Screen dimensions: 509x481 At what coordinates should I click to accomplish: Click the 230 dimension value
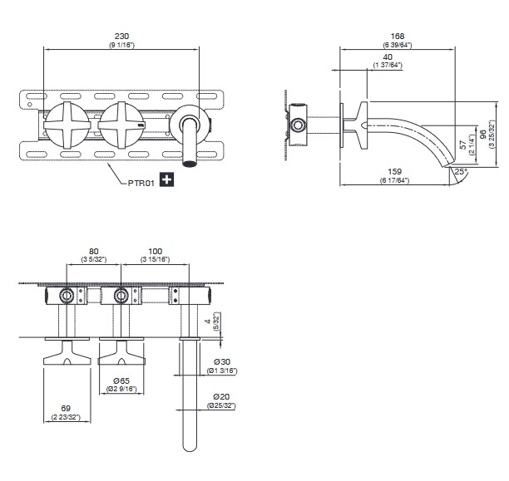click(121, 36)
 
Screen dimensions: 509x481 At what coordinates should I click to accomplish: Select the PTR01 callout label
click(141, 183)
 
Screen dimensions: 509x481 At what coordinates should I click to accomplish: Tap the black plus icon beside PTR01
click(166, 179)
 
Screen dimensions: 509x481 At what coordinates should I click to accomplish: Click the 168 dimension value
click(398, 36)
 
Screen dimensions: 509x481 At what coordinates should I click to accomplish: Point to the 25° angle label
click(461, 171)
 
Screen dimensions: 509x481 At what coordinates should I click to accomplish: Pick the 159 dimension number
click(395, 172)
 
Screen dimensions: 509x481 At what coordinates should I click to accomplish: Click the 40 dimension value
click(388, 56)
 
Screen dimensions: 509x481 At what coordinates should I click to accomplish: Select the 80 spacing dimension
click(93, 251)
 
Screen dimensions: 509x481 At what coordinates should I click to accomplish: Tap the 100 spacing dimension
click(155, 251)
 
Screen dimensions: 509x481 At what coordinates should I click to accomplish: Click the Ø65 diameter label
click(121, 380)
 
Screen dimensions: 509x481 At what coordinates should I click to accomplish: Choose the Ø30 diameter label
click(222, 361)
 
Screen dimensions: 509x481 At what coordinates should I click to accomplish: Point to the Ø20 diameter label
click(221, 396)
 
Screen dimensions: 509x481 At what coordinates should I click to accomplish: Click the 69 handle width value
click(66, 409)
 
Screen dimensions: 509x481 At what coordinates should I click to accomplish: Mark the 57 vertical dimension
click(463, 145)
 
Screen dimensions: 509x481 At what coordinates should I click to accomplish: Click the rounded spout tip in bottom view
click(190, 448)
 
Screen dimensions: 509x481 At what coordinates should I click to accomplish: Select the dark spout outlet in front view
click(190, 163)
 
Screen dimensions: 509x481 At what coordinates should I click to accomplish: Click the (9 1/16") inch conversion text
click(121, 45)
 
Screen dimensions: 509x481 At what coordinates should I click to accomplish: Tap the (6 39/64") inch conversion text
click(398, 45)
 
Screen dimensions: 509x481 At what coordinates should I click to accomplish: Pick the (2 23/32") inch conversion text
click(66, 417)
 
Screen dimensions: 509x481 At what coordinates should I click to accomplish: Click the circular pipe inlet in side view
click(298, 125)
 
